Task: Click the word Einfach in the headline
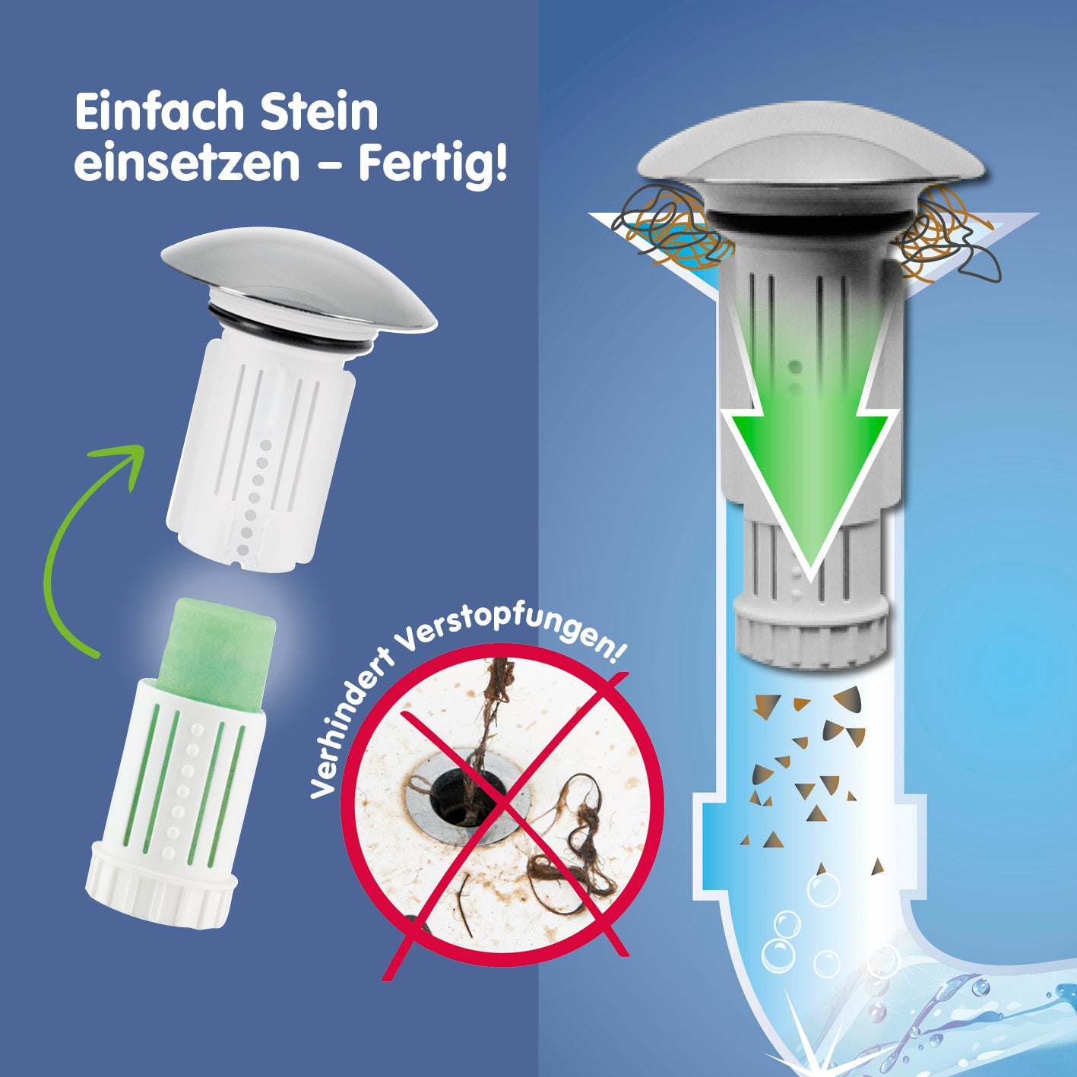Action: click(x=159, y=113)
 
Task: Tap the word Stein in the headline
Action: click(x=319, y=113)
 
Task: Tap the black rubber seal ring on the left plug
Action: click(x=290, y=330)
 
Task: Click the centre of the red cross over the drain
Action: click(x=503, y=805)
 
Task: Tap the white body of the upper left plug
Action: click(x=261, y=453)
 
